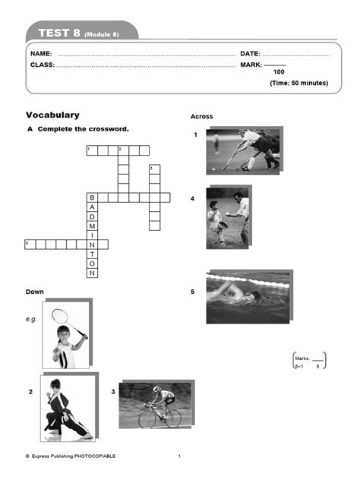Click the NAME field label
(41, 55)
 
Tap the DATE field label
(250, 55)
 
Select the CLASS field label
(43, 65)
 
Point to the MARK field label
(251, 65)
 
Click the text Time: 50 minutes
(299, 82)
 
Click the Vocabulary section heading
(52, 115)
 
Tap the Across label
(201, 117)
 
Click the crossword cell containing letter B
(92, 197)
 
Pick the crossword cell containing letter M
(92, 226)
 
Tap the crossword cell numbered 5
(30, 245)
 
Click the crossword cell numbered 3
(154, 169)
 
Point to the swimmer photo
(248, 296)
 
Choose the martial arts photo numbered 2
(68, 408)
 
